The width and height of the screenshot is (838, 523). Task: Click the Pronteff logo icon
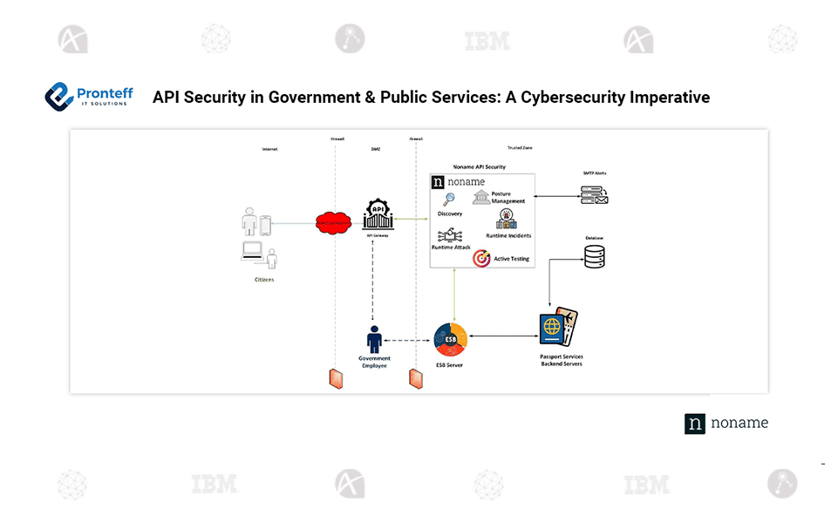[x=58, y=96]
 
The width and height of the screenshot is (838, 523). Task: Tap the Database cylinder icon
[x=594, y=255]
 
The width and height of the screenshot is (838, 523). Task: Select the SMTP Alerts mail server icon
[x=594, y=195]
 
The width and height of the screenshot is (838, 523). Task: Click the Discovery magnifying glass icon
[x=449, y=200]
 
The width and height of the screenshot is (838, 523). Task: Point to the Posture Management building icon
[x=481, y=197]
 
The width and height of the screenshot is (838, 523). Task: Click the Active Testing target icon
[x=481, y=258]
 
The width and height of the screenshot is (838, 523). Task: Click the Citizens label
[x=264, y=280]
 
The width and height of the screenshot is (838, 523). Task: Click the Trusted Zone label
[x=520, y=148]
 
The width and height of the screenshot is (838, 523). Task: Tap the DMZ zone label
[x=375, y=149]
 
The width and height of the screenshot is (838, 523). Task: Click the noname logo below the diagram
[x=726, y=424]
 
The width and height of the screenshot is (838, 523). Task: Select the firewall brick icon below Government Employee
[x=335, y=378]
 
